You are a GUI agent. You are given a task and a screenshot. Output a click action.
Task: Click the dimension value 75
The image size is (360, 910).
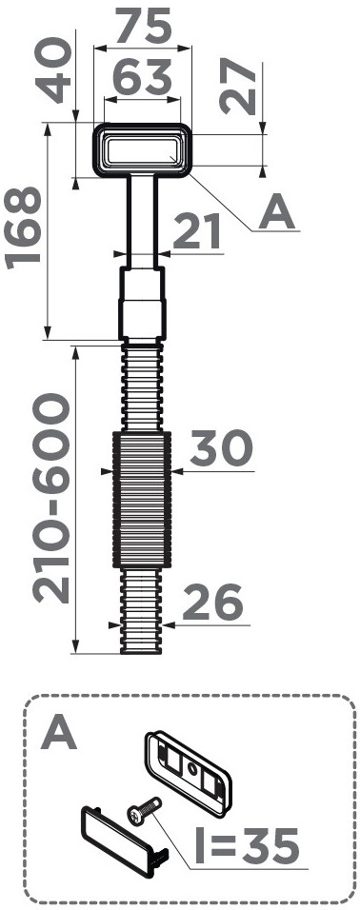point(143,27)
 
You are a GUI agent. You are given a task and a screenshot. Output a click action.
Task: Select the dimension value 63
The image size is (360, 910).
point(142,78)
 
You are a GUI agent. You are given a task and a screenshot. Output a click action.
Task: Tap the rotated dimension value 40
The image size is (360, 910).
point(55,70)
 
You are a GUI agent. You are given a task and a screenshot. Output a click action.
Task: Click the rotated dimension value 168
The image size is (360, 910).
point(24,228)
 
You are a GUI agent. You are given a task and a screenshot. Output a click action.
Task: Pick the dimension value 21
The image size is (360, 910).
point(197,231)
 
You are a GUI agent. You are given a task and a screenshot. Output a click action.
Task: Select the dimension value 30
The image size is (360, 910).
point(221,447)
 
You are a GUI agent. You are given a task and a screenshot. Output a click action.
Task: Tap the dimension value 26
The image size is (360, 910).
point(212,602)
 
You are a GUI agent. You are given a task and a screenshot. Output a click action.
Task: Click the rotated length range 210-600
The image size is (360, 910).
point(51,498)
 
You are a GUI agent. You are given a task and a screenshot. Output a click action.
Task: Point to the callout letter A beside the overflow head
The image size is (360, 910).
point(277,212)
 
